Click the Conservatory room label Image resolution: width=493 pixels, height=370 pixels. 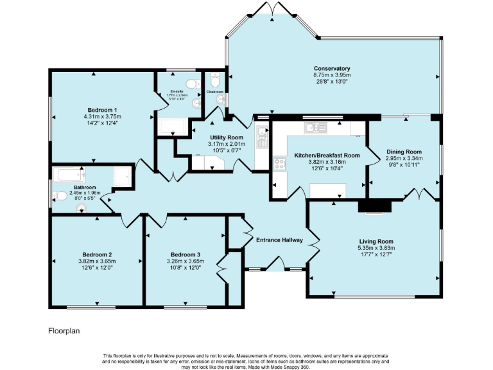click(331, 69)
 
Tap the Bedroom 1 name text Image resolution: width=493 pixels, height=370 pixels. click(102, 110)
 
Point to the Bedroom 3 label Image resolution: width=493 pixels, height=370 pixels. click(186, 254)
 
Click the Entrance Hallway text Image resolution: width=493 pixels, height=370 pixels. click(279, 240)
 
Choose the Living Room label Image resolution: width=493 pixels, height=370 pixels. click(376, 241)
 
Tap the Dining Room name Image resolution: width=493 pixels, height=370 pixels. click(404, 151)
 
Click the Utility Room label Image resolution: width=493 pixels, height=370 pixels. click(227, 137)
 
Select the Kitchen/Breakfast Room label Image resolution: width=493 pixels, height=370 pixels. click(327, 155)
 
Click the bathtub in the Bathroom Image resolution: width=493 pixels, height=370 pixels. click(71, 174)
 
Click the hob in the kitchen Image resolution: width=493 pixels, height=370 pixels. click(280, 163)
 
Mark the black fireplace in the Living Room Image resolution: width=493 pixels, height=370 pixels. click(374, 206)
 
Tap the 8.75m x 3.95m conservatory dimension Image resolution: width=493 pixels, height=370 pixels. click(331, 75)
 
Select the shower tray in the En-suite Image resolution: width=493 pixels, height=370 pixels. click(173, 126)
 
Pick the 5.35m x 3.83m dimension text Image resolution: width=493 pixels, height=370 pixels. click(376, 248)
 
